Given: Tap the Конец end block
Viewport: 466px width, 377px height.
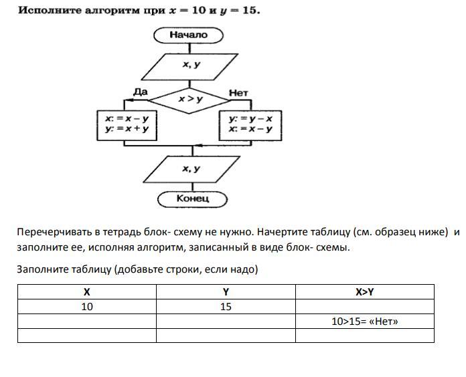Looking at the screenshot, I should point(192,199).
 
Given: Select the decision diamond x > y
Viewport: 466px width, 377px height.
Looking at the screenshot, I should point(190,99).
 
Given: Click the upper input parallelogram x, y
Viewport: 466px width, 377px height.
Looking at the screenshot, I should point(191,65).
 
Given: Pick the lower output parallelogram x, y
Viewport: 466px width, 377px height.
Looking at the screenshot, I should point(192,169).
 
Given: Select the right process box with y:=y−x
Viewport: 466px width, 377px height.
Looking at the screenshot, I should point(250,124).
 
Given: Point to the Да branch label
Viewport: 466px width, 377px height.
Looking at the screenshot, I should point(141,91).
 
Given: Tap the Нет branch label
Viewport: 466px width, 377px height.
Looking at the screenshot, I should point(238,93).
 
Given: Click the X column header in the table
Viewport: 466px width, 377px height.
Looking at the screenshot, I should point(86,292).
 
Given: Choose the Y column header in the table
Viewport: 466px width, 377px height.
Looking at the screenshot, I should point(226,292).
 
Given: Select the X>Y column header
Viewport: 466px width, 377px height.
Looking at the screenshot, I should point(365,292).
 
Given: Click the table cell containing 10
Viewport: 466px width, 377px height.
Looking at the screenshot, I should point(86,307).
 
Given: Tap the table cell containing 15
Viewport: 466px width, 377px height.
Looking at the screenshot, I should point(226,307).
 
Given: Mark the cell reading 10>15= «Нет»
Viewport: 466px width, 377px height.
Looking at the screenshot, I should point(365,322).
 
